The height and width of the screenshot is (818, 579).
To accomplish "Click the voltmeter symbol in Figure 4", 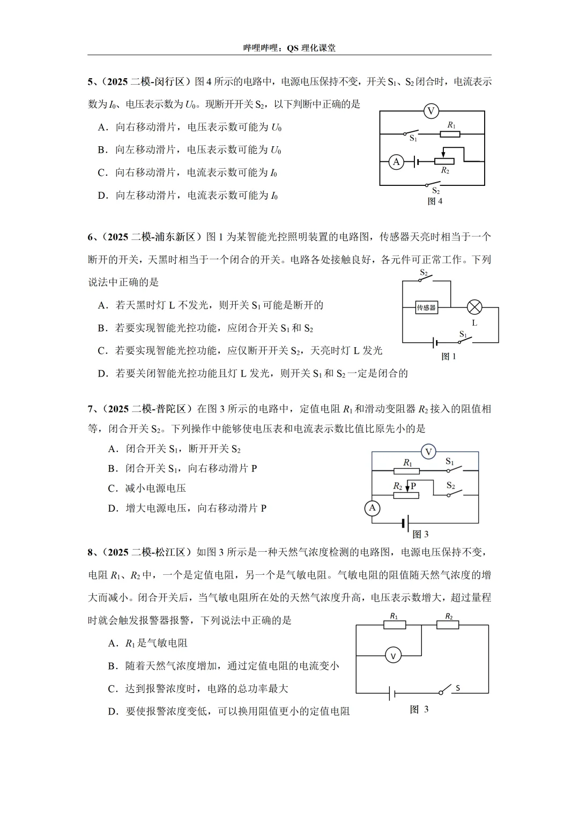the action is (x=430, y=111).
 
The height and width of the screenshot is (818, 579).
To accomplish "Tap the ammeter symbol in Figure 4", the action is (x=396, y=161).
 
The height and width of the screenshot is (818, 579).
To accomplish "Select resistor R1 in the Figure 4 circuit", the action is (x=450, y=133).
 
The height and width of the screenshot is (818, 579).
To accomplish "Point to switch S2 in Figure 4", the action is (x=436, y=185).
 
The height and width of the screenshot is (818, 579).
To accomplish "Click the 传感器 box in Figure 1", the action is (x=426, y=307).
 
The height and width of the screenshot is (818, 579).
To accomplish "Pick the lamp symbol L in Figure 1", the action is (x=474, y=307).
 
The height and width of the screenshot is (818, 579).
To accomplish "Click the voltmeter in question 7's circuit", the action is (x=428, y=452).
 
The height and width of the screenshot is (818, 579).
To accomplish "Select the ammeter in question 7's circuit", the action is (x=373, y=508).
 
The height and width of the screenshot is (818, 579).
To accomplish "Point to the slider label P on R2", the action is (x=413, y=486).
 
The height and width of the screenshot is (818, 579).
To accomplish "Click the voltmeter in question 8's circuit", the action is (x=393, y=656).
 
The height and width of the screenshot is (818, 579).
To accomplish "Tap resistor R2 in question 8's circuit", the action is (x=448, y=625).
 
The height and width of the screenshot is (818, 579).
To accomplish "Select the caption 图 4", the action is (x=435, y=201).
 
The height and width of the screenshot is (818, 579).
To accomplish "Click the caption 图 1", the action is (x=448, y=356).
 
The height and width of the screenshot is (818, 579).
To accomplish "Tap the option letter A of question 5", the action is (x=101, y=127).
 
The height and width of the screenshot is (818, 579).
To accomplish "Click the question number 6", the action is (x=90, y=237).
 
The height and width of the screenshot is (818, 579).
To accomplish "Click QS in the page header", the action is (x=292, y=48).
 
